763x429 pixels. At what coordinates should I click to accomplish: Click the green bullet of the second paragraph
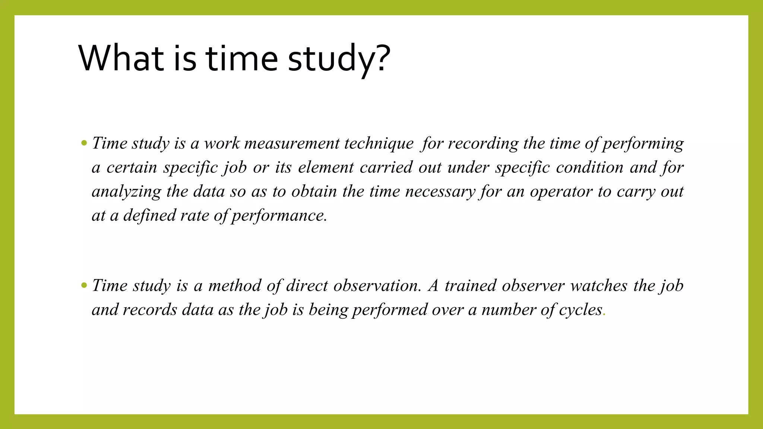84,286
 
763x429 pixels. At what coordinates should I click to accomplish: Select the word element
326,167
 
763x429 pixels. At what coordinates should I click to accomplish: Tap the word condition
590,167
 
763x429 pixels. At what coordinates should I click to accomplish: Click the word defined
149,216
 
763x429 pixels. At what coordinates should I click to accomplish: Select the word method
235,286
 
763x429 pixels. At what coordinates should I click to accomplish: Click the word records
150,310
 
